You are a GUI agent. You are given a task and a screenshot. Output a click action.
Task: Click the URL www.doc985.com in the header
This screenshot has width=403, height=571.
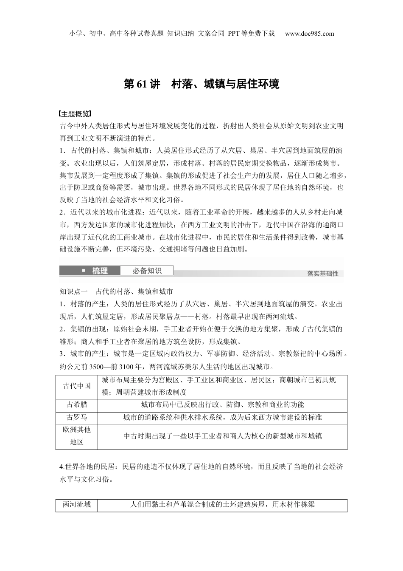tap(310, 34)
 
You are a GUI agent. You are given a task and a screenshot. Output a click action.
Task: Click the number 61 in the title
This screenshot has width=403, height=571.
tap(141, 84)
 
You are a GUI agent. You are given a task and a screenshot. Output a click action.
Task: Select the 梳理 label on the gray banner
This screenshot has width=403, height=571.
tap(100, 271)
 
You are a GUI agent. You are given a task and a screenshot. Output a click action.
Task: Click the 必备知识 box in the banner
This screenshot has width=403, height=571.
tap(146, 271)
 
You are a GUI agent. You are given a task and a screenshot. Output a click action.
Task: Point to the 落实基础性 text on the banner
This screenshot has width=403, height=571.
tap(323, 274)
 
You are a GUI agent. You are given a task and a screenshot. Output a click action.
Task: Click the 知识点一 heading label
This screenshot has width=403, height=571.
tap(73, 292)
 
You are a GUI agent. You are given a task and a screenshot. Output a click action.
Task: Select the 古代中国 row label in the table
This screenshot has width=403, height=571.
tap(77, 386)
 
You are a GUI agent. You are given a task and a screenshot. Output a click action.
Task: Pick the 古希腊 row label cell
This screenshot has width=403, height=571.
tap(77, 405)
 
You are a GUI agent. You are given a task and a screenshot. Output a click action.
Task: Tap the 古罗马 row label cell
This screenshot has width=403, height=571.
tap(77, 417)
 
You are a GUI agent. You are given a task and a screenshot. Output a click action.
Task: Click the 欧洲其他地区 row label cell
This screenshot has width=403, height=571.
tap(77, 436)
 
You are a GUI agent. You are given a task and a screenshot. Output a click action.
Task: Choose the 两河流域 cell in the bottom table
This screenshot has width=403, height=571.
tap(77, 505)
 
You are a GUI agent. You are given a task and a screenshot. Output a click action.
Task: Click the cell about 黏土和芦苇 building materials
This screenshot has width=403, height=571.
tap(222, 505)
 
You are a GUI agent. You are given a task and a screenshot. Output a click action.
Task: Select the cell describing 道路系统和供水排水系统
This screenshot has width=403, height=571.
tap(222, 417)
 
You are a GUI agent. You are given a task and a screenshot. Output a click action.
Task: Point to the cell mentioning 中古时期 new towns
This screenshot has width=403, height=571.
tap(222, 436)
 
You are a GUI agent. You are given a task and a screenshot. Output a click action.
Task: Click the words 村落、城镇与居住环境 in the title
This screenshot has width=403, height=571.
tap(225, 84)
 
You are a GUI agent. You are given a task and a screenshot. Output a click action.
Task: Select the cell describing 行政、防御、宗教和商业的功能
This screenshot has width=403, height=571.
tap(222, 405)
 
